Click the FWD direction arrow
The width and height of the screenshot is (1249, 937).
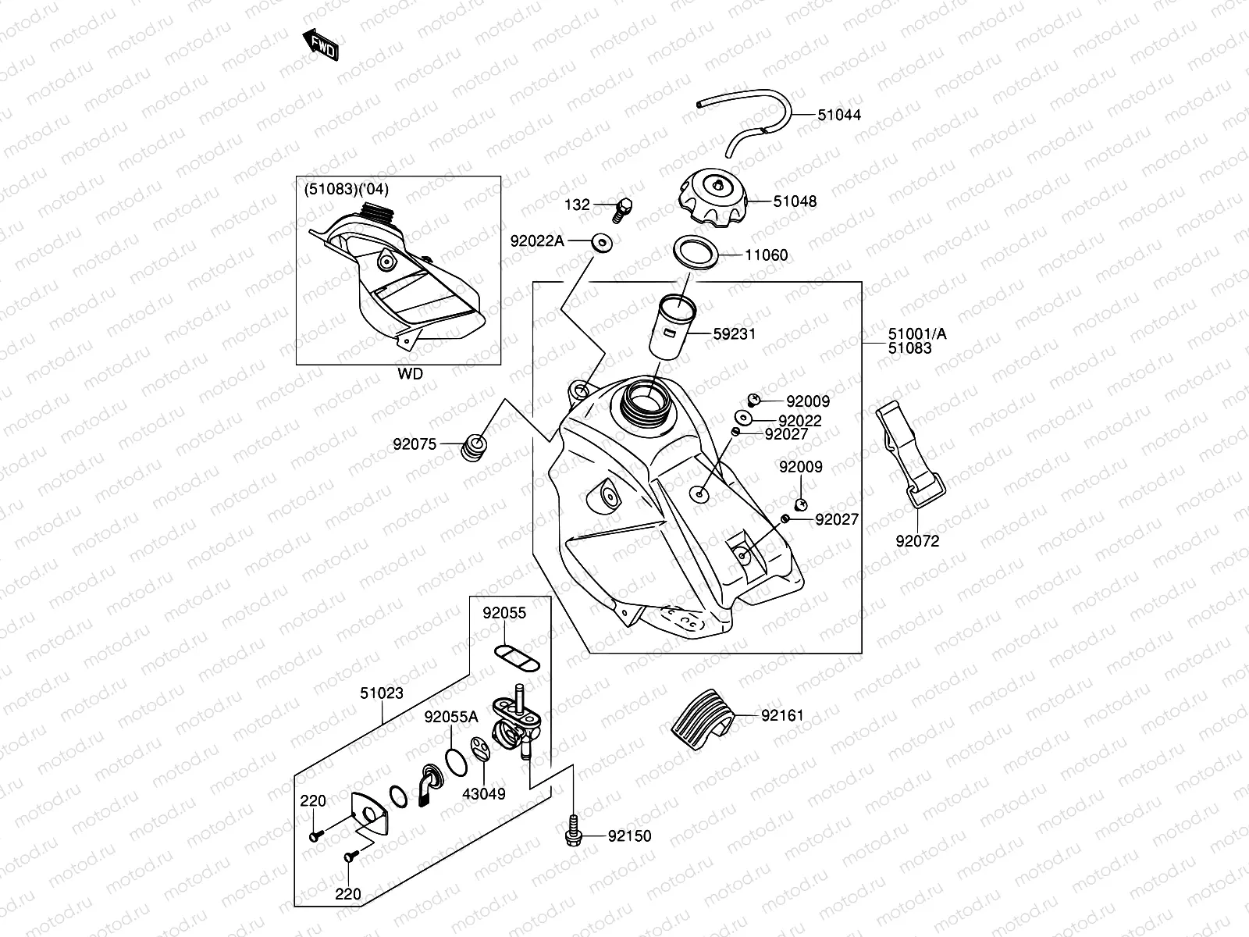click(x=320, y=45)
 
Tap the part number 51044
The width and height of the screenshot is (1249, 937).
click(x=838, y=115)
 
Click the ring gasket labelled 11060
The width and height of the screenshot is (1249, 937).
click(x=696, y=252)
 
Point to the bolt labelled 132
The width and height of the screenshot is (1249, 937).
click(x=622, y=209)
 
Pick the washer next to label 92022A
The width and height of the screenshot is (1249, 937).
click(x=601, y=243)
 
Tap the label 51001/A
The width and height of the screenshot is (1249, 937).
click(x=917, y=334)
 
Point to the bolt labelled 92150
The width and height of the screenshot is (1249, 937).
click(x=573, y=832)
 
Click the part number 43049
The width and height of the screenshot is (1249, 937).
click(x=484, y=793)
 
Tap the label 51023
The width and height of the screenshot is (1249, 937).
click(x=381, y=693)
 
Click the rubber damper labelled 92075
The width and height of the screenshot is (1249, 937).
click(x=474, y=447)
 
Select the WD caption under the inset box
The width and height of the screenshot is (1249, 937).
click(x=411, y=374)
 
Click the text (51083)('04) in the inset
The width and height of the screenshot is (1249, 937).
click(x=347, y=190)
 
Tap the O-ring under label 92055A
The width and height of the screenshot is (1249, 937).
click(x=456, y=762)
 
